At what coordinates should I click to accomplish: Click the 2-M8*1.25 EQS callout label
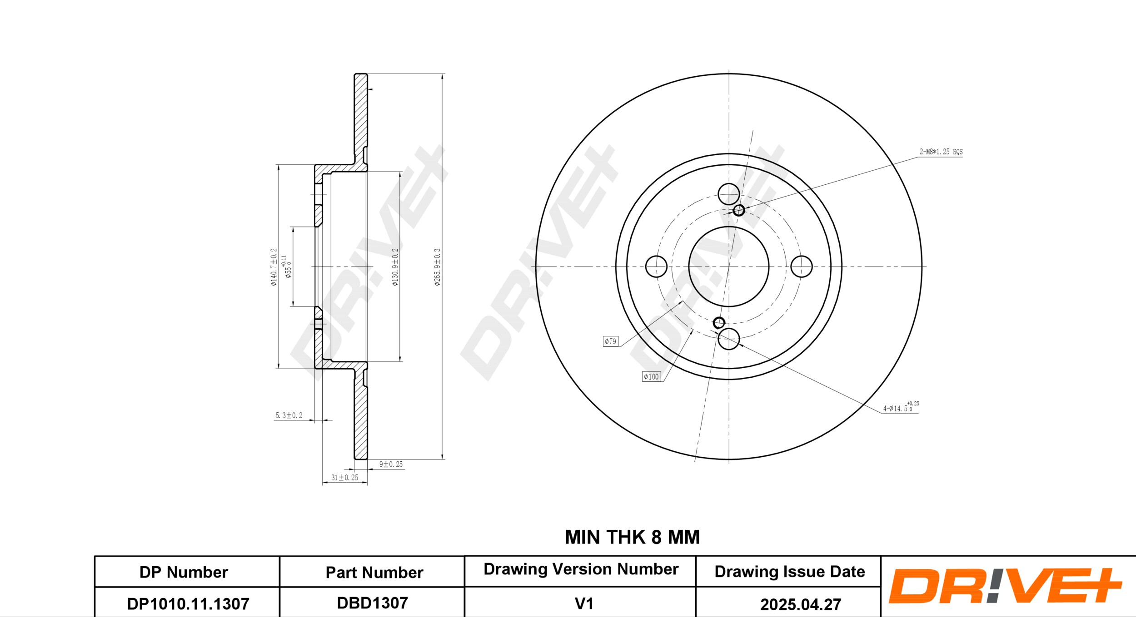941,152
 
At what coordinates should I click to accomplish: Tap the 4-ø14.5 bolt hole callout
901,407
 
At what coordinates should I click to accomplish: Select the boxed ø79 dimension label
611,341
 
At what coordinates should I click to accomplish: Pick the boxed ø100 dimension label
651,376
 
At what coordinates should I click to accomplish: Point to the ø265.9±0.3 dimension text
437,267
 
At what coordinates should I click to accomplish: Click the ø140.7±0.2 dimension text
274,267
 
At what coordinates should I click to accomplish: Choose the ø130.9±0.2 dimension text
395,267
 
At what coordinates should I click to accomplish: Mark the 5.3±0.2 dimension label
289,415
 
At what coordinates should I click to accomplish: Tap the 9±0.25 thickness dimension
391,464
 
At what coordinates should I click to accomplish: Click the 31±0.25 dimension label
344,477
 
